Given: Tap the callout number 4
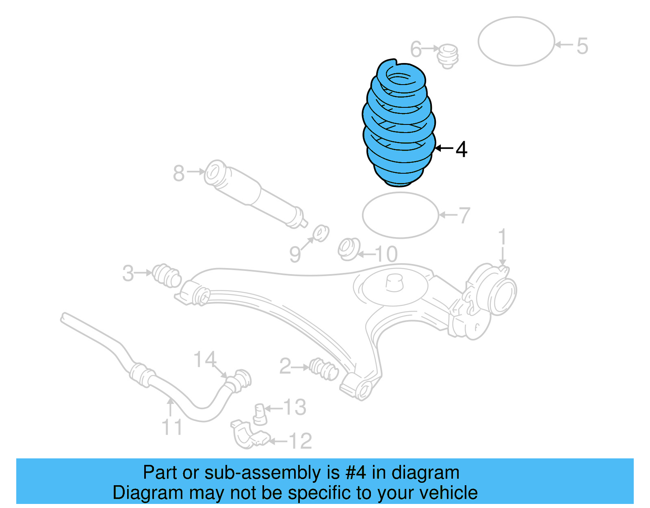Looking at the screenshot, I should coord(461,149).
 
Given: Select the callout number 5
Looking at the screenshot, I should coord(582,46).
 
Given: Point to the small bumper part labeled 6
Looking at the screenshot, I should coord(448,56).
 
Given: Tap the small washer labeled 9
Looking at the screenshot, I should coord(321,233).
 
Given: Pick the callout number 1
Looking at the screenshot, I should coord(502,237).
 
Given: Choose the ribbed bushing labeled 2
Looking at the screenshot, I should coord(324,368).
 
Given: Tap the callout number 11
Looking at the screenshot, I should coord(171,427).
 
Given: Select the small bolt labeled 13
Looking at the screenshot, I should coord(260,414).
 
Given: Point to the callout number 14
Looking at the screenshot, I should coord(205,359).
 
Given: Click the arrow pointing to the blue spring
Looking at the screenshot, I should coord(444,148).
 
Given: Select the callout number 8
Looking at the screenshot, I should coord(179,173).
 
